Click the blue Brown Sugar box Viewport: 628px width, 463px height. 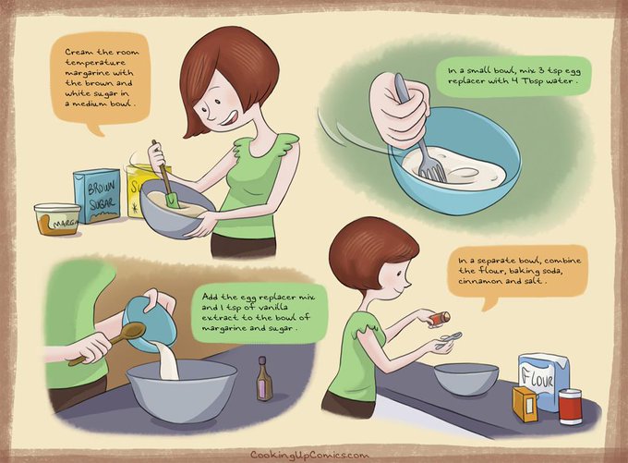tap(97, 195)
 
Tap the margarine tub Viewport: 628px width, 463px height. tap(57, 219)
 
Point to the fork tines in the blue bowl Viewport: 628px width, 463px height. tap(433, 173)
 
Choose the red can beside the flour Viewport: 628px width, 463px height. tap(570, 406)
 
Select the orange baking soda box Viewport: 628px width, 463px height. tap(525, 404)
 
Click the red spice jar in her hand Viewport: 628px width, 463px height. tap(439, 319)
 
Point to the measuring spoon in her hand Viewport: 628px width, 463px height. tap(448, 340)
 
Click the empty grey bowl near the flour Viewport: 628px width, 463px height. tap(466, 380)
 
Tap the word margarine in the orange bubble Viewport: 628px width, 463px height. tap(85, 73)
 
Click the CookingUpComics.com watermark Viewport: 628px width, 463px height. tap(309, 455)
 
